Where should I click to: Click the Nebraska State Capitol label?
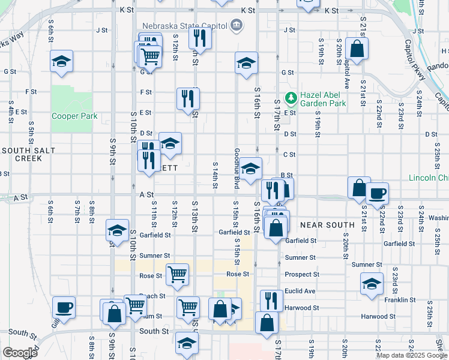click(x=184, y=26)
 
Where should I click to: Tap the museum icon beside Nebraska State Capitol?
click(x=237, y=26)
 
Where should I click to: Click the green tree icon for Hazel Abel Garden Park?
click(x=291, y=97)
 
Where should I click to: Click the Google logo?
click(x=20, y=352)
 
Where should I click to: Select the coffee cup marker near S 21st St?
click(x=377, y=194)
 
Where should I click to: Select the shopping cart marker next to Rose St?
click(x=177, y=274)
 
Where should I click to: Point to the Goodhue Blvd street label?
click(x=237, y=169)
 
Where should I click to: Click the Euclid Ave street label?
click(x=301, y=291)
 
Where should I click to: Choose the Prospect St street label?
click(x=302, y=274)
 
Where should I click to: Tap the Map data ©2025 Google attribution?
click(x=411, y=355)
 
